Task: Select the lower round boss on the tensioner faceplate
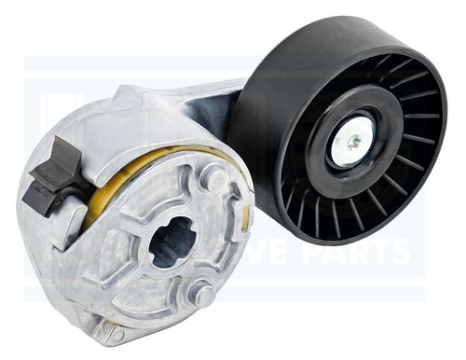point(202,295)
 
